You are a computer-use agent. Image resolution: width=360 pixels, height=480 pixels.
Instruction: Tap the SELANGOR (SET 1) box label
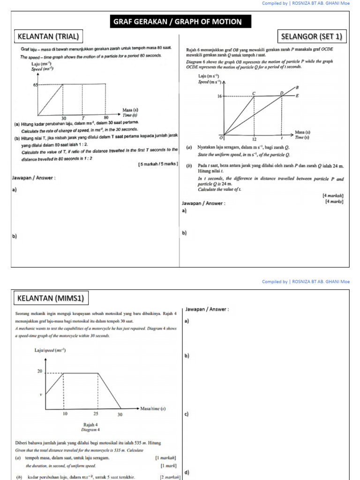[x=312, y=36]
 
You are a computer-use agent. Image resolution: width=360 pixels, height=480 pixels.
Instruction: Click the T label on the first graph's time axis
[x=83, y=118]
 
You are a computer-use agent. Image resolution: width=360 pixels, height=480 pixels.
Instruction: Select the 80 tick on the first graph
[x=106, y=118]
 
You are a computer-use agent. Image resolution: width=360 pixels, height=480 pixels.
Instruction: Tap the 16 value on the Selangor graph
[x=219, y=96]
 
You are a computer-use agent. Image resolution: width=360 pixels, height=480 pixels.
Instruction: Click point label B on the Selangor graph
[x=296, y=88]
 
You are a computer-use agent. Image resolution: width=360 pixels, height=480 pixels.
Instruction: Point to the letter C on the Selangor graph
[x=254, y=93]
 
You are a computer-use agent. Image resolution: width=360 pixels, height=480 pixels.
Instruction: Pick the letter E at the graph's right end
[x=296, y=96]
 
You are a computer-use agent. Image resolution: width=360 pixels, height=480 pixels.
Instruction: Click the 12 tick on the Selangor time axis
[x=254, y=139]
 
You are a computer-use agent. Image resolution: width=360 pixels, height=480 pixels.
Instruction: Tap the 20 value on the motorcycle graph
[x=40, y=371]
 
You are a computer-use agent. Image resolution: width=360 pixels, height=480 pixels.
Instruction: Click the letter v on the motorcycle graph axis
[x=41, y=394]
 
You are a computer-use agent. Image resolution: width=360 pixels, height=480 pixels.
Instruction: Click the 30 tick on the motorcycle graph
[x=120, y=414]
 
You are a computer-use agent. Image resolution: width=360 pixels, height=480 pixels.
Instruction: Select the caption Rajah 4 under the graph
[x=90, y=425]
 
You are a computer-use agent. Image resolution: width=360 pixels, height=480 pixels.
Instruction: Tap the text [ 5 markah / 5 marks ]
[x=158, y=164]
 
